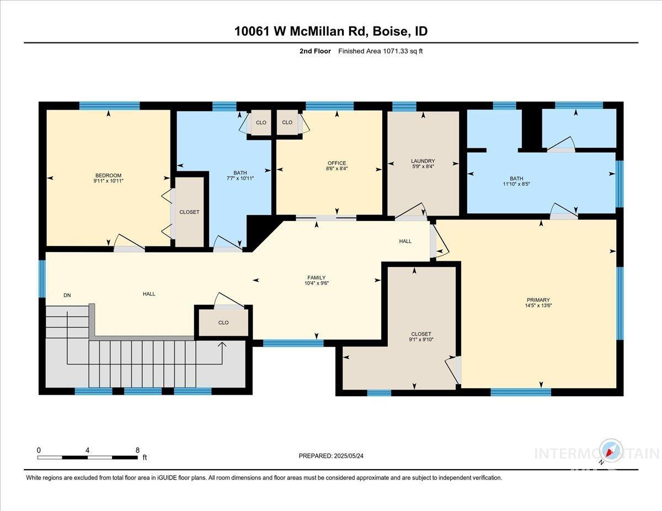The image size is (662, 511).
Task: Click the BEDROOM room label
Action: tap(108, 175)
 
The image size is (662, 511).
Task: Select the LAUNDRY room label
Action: tap(423, 161)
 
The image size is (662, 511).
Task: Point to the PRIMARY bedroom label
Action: tap(538, 300)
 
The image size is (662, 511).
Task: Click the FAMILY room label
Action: tap(317, 277)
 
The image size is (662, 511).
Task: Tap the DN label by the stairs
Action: tap(67, 295)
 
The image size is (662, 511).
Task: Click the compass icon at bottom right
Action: tap(611, 450)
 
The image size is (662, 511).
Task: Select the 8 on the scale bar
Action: tap(137, 450)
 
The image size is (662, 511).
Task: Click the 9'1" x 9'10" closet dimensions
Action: tap(421, 340)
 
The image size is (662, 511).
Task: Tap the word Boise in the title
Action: tap(389, 31)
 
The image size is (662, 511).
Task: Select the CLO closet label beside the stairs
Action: tap(223, 322)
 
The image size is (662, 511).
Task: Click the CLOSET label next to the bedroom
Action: tap(189, 212)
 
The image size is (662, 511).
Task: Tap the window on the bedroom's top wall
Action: tap(109, 106)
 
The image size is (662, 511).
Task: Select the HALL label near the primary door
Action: tap(405, 241)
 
